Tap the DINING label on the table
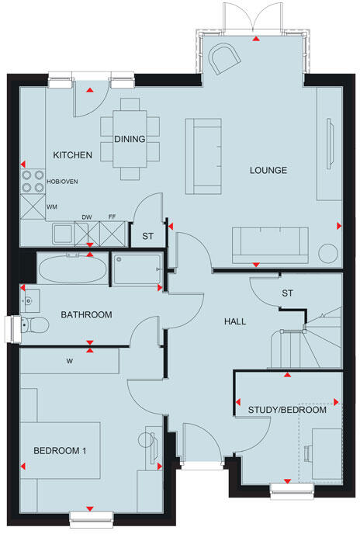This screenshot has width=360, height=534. point(129,139)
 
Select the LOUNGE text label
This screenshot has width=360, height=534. point(268,170)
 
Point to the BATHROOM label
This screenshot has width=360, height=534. point(87,314)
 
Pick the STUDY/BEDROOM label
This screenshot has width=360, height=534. point(287,410)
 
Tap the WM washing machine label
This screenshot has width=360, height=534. point(52,207)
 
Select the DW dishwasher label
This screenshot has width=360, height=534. point(88,218)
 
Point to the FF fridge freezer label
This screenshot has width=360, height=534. point(112,218)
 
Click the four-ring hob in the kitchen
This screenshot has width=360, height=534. point(32,181)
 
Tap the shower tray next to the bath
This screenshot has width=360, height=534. point(137,270)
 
